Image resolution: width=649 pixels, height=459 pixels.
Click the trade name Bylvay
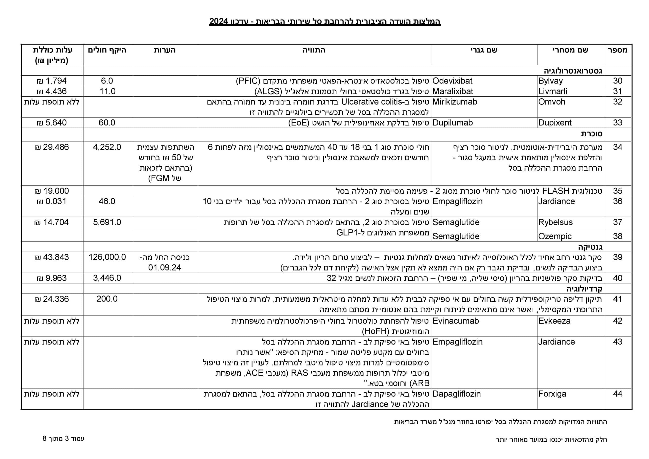click(x=550, y=81)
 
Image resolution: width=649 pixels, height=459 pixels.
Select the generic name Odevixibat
click(x=452, y=81)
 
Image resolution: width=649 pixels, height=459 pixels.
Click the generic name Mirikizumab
click(x=455, y=102)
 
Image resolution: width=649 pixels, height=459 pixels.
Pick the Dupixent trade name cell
click(x=555, y=123)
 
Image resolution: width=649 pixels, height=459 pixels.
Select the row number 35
click(x=618, y=191)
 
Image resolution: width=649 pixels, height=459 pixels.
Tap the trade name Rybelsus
click(x=555, y=222)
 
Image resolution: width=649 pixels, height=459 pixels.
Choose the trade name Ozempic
click(x=555, y=236)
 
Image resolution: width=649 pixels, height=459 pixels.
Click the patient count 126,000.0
click(x=107, y=257)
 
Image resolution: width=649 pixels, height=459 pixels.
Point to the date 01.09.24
click(x=165, y=268)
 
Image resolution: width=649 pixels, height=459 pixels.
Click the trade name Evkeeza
click(x=554, y=321)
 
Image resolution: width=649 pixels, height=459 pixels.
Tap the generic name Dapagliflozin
click(x=457, y=394)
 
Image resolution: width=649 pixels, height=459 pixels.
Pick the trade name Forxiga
click(x=552, y=394)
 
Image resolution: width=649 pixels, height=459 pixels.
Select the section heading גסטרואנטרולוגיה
click(x=573, y=71)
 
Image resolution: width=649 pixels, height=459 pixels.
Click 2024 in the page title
click(x=219, y=22)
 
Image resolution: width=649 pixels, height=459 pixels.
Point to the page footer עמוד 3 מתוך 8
click(x=63, y=439)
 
